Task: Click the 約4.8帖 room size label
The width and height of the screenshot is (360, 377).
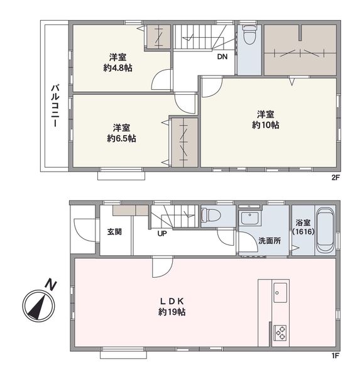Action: [x=118, y=68]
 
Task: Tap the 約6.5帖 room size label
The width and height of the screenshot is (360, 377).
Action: [x=121, y=138]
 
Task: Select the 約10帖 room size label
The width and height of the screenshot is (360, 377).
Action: [x=266, y=125]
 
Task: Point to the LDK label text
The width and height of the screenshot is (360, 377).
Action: [x=172, y=301]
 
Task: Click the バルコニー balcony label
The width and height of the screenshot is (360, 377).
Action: [x=55, y=106]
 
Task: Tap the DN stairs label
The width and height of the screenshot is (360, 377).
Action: [x=222, y=57]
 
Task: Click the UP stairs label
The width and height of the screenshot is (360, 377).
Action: [x=162, y=233]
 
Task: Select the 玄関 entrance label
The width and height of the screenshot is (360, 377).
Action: [x=114, y=232]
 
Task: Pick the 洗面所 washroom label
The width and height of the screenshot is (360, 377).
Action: [x=270, y=241]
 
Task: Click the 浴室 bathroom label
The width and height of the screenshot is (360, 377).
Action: [x=303, y=222]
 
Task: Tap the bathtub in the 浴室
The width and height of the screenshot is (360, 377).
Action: [x=325, y=230]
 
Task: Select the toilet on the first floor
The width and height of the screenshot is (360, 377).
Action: [x=211, y=215]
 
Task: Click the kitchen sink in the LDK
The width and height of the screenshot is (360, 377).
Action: [x=280, y=293]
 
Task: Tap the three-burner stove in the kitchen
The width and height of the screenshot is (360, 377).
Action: [x=280, y=333]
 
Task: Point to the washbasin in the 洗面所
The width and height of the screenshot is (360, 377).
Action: [x=250, y=217]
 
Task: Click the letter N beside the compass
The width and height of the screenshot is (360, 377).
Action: [x=51, y=285]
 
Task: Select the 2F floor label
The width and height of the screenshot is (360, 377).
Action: [x=335, y=178]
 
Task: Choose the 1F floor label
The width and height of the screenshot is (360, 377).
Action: [x=335, y=356]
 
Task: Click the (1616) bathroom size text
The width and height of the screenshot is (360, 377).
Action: [x=303, y=232]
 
